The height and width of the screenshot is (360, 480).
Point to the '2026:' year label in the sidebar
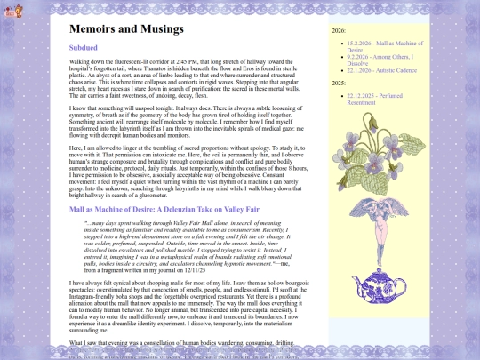339,30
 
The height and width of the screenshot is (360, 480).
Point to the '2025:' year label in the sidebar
339,107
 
